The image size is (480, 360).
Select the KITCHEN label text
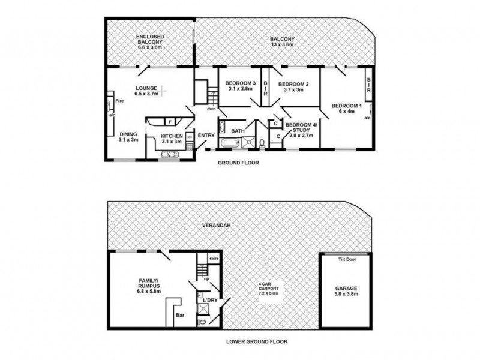171,139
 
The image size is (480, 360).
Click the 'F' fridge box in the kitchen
170,122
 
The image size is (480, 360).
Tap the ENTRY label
206,135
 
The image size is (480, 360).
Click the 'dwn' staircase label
211,109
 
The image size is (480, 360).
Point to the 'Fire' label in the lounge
119,101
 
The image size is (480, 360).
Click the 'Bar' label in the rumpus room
179,314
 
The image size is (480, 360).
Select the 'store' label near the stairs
214,258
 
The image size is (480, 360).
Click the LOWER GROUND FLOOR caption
257,342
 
